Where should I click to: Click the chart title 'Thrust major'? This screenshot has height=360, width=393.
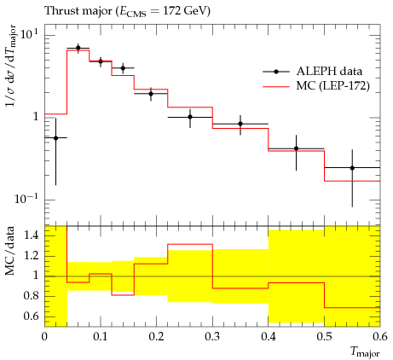click(x=78, y=11)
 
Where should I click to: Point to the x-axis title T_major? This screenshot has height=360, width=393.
click(x=365, y=351)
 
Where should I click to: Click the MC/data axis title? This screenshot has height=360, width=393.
click(x=9, y=251)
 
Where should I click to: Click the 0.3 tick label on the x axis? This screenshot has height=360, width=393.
click(x=212, y=337)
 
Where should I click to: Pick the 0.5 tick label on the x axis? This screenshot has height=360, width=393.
click(x=325, y=337)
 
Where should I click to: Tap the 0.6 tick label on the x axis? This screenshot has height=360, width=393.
click(x=380, y=337)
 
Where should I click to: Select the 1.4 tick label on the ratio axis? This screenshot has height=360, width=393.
click(x=31, y=235)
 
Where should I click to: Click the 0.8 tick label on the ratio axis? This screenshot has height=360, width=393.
click(x=31, y=296)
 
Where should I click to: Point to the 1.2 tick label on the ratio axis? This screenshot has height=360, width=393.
click(x=31, y=256)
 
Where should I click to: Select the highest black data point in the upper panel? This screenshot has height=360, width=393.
click(x=78, y=48)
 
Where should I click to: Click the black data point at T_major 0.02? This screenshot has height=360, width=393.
click(x=55, y=138)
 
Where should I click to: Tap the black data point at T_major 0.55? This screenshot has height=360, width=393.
click(x=352, y=168)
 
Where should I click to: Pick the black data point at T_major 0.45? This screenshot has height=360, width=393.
click(x=297, y=148)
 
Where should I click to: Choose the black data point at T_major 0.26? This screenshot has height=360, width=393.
click(x=190, y=117)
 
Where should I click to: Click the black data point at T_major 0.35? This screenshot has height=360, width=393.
click(x=240, y=124)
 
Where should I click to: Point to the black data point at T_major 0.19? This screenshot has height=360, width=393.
click(x=151, y=94)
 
